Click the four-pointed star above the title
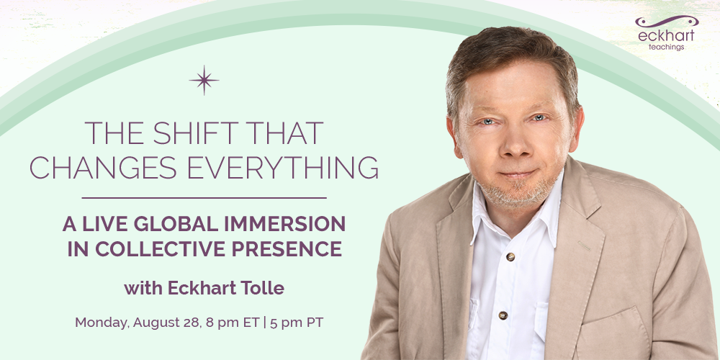click(x=204, y=81)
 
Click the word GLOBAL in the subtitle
click(x=170, y=223)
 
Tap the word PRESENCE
click(x=288, y=248)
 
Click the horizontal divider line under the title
click(x=204, y=197)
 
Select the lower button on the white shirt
click(x=503, y=315)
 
